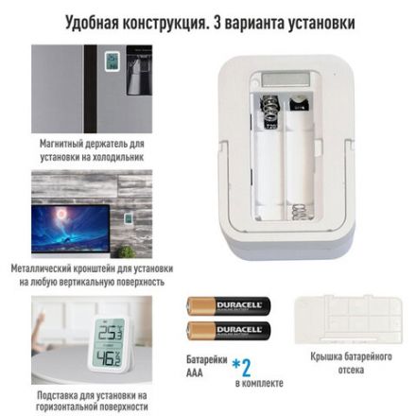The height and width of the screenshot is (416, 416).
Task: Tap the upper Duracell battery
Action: coord(228,305)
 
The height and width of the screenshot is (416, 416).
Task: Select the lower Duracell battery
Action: coord(228,330)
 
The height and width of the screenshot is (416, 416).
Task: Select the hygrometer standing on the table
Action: coord(113,345)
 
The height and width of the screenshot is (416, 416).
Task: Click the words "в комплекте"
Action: coord(258,383)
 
